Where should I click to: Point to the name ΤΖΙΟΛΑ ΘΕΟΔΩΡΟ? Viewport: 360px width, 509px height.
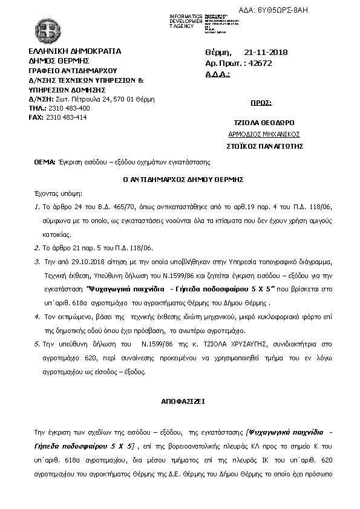point(264,123)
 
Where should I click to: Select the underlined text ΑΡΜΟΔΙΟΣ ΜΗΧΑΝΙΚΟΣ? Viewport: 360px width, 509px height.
point(264,134)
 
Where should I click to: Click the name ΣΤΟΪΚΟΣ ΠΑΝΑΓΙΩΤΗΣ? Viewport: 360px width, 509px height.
point(264,146)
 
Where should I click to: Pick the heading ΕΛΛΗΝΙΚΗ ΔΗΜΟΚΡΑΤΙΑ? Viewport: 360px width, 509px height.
point(75,51)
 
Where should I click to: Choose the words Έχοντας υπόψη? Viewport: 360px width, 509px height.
point(58,195)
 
